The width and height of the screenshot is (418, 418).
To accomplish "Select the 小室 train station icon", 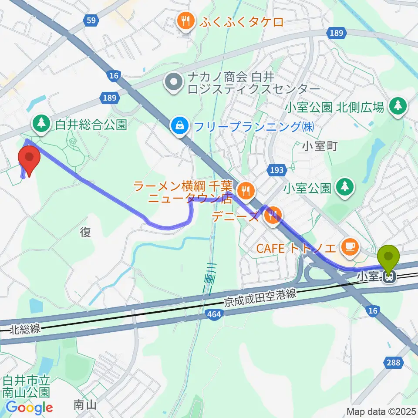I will pyautogui.click(x=389, y=276).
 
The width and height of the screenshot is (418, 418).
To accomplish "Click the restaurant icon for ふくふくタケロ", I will pyautogui.click(x=185, y=21).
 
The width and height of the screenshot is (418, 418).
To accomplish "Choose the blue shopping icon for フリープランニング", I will pyautogui.click(x=179, y=127).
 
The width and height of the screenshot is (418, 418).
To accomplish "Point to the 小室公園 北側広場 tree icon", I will pyautogui.click(x=397, y=106).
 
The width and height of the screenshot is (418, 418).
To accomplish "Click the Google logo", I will pyautogui.click(x=29, y=408).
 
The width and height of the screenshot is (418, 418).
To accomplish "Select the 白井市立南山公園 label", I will pyautogui.click(x=26, y=387).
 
